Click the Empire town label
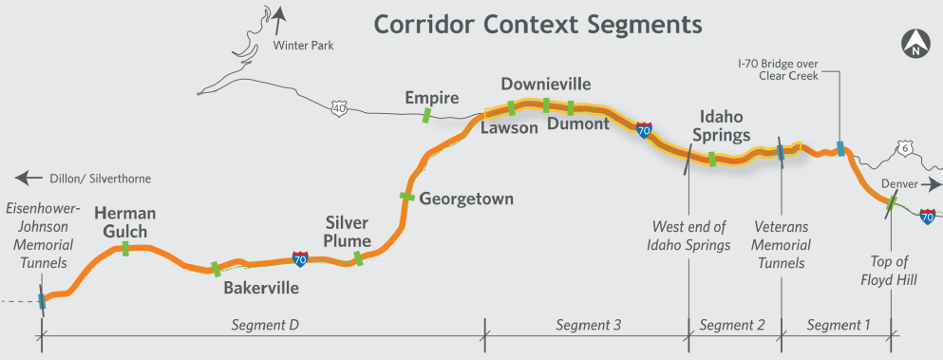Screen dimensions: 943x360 tap(432, 98)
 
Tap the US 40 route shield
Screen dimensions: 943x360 tap(339, 108)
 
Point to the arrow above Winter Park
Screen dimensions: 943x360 tap(278, 20)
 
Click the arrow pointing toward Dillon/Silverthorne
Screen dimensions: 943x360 tap(28, 179)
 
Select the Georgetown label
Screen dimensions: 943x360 tap(466, 199)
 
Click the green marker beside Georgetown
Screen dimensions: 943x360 tap(407, 197)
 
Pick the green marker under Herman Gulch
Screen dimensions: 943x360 tap(125, 248)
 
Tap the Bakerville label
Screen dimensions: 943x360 tap(261, 288)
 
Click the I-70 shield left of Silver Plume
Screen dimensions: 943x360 tap(300, 259)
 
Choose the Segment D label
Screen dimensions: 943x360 tap(265, 325)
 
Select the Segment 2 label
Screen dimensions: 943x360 tap(732, 325)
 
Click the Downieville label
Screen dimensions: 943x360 tap(546, 84)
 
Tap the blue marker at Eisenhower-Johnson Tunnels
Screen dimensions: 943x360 tap(42, 301)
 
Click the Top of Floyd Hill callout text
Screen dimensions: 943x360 tap(888, 271)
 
